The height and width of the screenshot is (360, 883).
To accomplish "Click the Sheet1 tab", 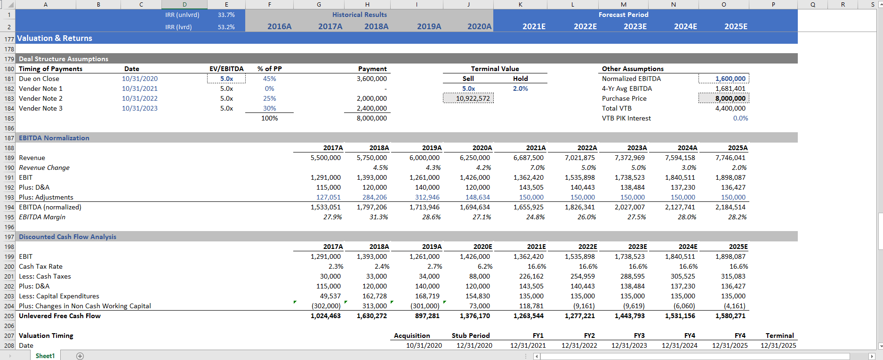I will (x=45, y=356).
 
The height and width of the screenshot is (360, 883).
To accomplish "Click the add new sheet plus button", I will (x=80, y=356).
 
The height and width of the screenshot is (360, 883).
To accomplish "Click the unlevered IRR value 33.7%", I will (x=226, y=15).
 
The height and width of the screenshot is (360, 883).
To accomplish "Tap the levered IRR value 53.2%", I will (x=226, y=27).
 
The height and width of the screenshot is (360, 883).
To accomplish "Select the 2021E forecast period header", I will (x=534, y=26).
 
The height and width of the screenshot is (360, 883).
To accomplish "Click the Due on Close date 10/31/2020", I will (x=140, y=79).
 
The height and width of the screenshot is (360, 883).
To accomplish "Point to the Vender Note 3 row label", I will (x=40, y=108).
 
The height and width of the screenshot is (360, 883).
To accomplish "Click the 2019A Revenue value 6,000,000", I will (x=424, y=158).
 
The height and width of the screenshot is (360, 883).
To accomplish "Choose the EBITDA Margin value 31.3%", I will (x=378, y=217).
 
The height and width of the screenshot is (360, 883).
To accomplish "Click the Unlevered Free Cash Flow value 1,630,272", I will (x=372, y=316).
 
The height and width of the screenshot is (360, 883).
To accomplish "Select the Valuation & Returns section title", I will (x=55, y=38).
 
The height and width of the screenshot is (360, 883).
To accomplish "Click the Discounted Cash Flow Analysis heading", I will (x=67, y=237).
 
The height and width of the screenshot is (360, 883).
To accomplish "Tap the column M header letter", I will (x=623, y=4).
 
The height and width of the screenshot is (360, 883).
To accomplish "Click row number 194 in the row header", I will (x=9, y=207).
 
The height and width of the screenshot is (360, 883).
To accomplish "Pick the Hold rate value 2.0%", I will (x=520, y=88).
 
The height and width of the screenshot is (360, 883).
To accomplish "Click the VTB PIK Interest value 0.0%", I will (x=740, y=118).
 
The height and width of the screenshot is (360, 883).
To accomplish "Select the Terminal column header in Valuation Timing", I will (x=779, y=336).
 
